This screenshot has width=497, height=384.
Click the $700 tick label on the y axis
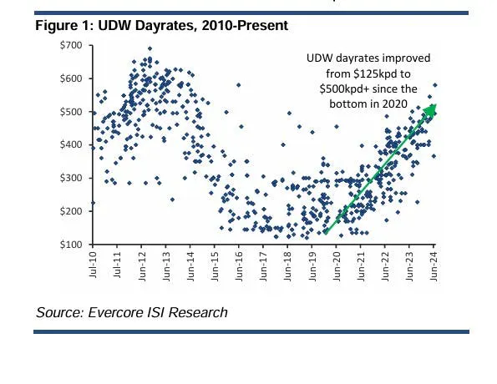[x=71, y=44]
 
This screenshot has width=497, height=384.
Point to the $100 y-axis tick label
[x=71, y=245]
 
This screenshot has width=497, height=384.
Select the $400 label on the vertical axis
[x=71, y=144]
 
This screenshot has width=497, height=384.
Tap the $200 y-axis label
[x=71, y=211]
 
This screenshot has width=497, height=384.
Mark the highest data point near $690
[x=150, y=48]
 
